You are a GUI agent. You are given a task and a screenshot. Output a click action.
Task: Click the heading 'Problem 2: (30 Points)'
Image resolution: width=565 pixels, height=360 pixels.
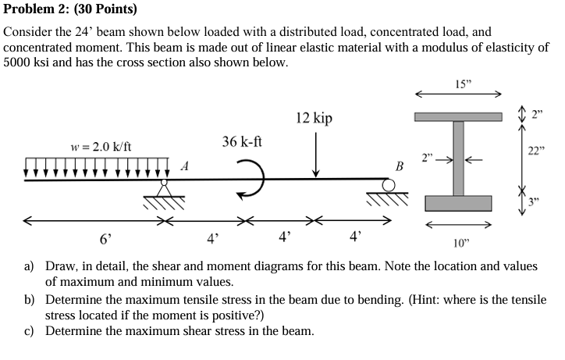pyautogui.click(x=70, y=10)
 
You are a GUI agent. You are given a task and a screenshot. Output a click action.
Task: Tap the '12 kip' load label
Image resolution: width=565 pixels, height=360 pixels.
pyautogui.click(x=314, y=118)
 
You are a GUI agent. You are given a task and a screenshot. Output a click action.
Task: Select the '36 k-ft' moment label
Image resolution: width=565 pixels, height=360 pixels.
pyautogui.click(x=242, y=141)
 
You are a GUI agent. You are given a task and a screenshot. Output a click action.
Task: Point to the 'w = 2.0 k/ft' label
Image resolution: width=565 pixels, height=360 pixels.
pyautogui.click(x=101, y=147)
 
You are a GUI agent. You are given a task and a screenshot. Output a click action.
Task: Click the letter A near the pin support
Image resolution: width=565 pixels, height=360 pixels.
pyautogui.click(x=184, y=166)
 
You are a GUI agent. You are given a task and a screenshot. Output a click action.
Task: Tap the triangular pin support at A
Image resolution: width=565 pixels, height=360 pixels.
pyautogui.click(x=165, y=188)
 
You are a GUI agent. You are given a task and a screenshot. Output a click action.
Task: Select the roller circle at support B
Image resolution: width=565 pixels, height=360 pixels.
pyautogui.click(x=389, y=184)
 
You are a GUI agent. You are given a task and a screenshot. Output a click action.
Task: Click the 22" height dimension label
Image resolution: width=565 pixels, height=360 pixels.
pyautogui.click(x=535, y=151)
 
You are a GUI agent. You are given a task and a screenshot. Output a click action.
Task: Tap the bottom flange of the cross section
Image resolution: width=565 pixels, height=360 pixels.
pyautogui.click(x=458, y=204)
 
